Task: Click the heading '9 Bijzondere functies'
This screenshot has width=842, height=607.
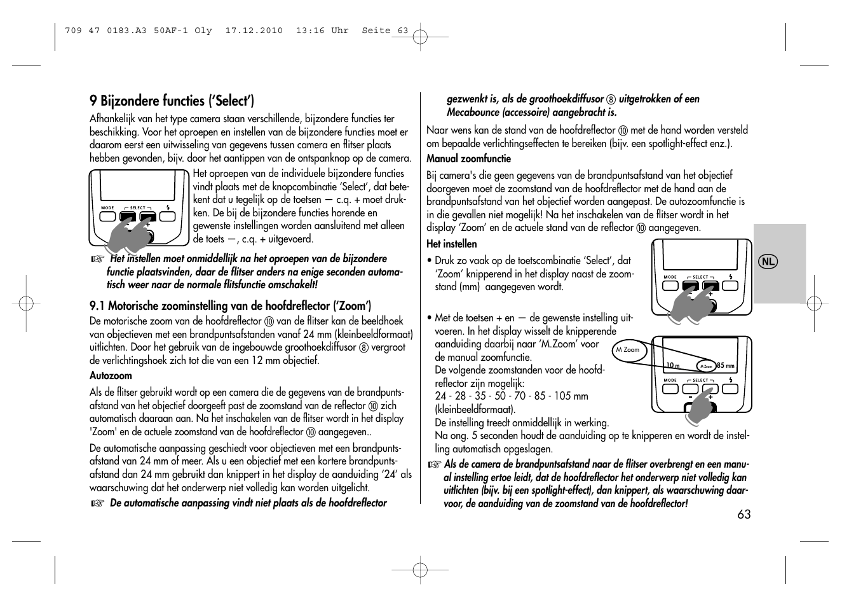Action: [x=172, y=101]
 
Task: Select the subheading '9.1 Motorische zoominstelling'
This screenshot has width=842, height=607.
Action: [x=231, y=305]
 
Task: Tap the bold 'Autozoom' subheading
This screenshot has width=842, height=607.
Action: [x=111, y=375]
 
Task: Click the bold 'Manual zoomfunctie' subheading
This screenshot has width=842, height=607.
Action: [x=468, y=158]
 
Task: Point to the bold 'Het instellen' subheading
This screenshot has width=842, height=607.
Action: [x=451, y=244]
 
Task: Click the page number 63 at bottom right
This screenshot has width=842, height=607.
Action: [x=744, y=514]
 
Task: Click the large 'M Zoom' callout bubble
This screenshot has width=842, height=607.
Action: [x=628, y=350]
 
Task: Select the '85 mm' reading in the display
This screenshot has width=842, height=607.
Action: [x=725, y=366]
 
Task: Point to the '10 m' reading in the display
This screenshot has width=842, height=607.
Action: [x=673, y=365]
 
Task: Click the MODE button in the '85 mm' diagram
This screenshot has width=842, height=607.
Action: [x=670, y=388]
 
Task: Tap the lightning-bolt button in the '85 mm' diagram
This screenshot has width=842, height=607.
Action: [x=730, y=388]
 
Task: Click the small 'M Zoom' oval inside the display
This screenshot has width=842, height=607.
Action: [x=706, y=366]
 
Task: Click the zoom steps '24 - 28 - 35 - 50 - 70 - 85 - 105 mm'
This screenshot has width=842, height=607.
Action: [x=512, y=396]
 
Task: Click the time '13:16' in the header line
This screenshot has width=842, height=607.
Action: [x=309, y=30]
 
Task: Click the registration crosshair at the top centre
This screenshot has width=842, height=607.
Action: [x=420, y=38]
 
